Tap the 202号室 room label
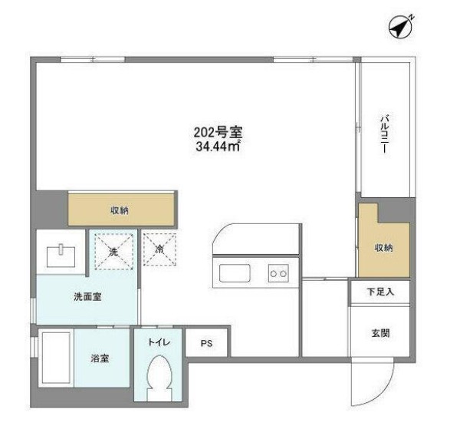[x=212, y=131]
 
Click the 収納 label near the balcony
[x=384, y=248]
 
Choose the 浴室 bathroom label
[x=100, y=358]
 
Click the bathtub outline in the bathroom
[x=56, y=366]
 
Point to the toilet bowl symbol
[x=159, y=381]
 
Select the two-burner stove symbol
[x=278, y=272]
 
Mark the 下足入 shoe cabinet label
[x=379, y=292]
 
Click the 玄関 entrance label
[x=380, y=333]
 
